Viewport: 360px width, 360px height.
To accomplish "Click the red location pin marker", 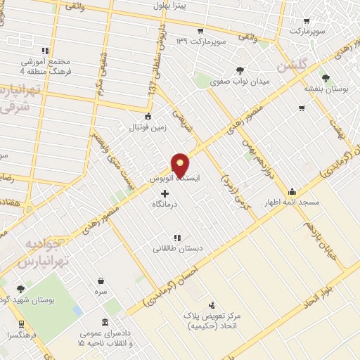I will (x=181, y=165).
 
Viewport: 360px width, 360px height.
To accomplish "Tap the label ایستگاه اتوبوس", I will (x=175, y=179).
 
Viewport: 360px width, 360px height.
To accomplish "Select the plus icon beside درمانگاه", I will (x=165, y=193).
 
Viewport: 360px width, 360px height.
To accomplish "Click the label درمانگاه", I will (x=165, y=204).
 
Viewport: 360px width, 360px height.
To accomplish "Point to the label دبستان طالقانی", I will (x=174, y=248).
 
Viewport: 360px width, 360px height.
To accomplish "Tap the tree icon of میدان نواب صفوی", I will (x=240, y=70).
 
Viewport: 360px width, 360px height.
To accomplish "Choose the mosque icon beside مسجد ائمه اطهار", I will (x=292, y=191).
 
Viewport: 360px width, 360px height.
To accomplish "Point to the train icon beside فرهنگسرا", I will (x=21, y=324).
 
